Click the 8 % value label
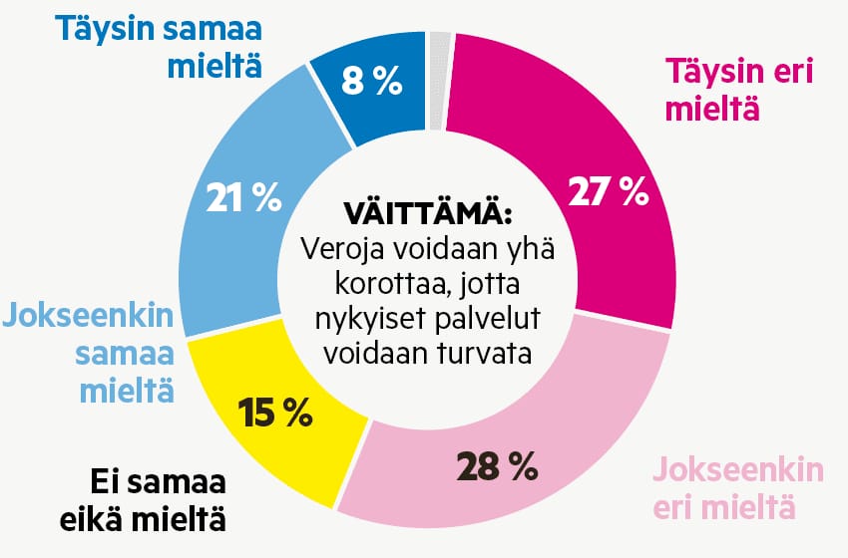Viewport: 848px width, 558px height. (x=372, y=82)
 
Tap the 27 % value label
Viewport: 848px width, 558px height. (x=608, y=191)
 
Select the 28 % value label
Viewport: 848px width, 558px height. (x=496, y=464)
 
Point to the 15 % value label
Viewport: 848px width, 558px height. (x=274, y=412)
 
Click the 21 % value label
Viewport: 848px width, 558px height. (x=243, y=197)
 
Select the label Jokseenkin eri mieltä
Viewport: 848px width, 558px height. (x=737, y=488)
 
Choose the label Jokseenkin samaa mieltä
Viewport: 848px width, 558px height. (x=90, y=353)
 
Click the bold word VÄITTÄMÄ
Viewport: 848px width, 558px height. (x=427, y=214)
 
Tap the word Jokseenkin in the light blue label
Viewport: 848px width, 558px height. (x=90, y=320)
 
